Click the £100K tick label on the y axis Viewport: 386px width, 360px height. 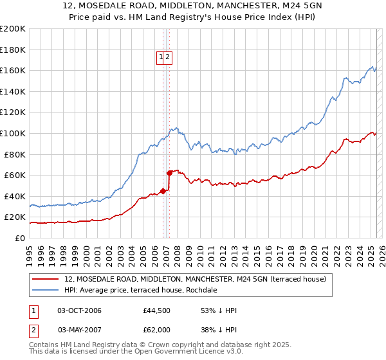tap(13, 133)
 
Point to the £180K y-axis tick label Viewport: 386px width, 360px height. tap(13, 50)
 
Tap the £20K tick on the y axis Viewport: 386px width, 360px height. tap(15, 217)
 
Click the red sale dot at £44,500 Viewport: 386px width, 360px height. tap(163, 191)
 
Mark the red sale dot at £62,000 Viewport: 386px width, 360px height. tap(169, 172)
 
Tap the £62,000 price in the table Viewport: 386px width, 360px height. tap(157, 329)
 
